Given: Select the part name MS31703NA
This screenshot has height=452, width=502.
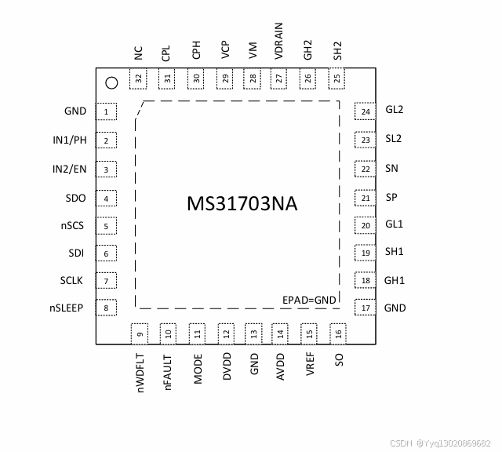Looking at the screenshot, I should pos(242,204).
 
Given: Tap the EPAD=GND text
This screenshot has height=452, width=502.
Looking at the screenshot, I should pos(309,300).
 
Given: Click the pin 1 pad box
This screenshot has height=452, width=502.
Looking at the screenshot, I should pos(106,112).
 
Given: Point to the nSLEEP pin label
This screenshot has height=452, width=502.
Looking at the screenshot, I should pos(67,308).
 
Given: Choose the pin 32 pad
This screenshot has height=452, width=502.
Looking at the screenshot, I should pos(140,78).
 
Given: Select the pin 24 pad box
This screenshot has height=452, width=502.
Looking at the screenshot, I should pos(365,111).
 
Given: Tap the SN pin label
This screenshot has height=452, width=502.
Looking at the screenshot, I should pos(392,168).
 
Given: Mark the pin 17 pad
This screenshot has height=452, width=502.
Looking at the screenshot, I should pos(365,308).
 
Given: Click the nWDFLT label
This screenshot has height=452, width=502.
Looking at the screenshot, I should pos(141,374).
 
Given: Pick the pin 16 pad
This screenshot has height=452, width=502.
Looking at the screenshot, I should pos(338,334).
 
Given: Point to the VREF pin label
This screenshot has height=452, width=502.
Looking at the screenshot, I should pos(311,365).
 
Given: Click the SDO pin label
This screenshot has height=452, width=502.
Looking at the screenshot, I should pos(77,198).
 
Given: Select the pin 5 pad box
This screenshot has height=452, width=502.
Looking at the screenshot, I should pos(106,226).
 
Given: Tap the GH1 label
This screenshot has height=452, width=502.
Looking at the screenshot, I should pos(394,280).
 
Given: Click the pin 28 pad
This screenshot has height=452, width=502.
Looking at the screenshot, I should pos(253,78).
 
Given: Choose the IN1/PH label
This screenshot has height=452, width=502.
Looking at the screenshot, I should pos(67,140).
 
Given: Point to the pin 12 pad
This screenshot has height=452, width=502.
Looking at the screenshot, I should pos(226,334).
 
